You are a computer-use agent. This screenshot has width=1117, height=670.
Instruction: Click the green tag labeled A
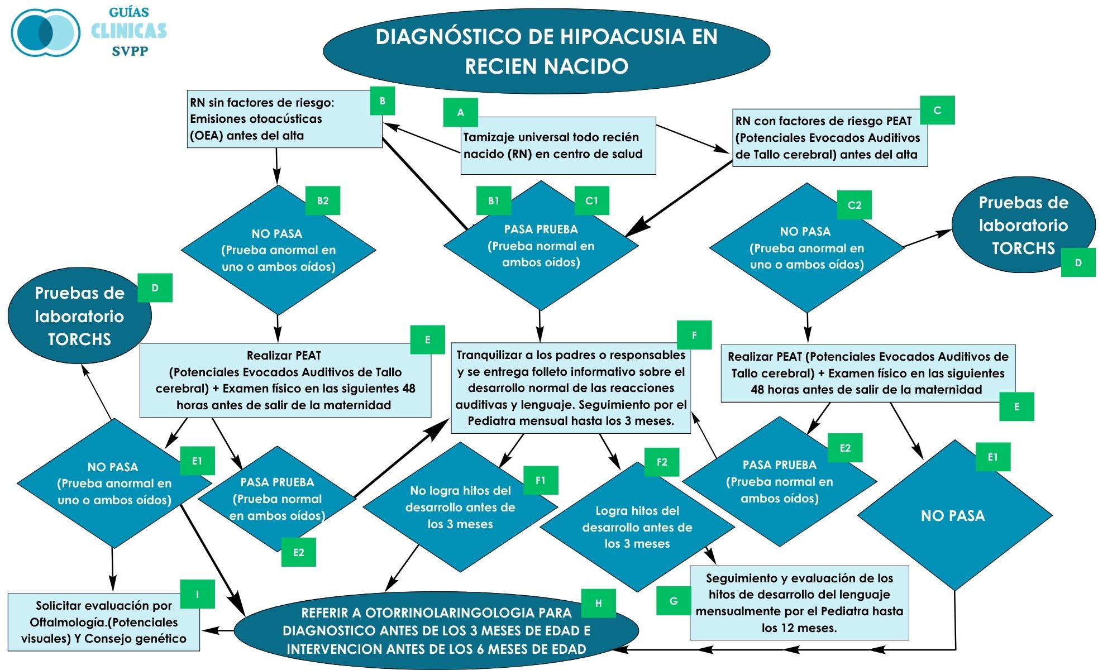460,112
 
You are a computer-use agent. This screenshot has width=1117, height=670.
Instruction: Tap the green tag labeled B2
323,200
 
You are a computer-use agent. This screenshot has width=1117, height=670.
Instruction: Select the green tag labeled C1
591,200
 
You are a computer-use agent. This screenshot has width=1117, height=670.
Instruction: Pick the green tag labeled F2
662,462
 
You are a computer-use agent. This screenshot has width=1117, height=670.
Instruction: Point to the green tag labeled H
598,603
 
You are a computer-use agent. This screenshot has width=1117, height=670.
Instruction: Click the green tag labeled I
197,594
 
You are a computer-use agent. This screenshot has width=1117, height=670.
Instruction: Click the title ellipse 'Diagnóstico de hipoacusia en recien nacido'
546,51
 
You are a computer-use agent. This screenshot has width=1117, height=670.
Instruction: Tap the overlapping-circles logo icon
46,32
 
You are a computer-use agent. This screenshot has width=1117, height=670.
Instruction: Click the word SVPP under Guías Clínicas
130,51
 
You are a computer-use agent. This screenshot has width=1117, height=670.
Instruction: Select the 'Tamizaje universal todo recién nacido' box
558,146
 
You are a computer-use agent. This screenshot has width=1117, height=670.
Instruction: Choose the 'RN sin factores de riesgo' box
284,119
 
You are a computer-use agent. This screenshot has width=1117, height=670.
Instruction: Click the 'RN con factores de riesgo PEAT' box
829,138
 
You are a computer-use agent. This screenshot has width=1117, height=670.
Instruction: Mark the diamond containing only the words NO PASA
954,515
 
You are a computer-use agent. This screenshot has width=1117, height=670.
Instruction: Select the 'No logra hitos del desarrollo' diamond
460,507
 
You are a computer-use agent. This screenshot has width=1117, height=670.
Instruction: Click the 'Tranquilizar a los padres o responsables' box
571,388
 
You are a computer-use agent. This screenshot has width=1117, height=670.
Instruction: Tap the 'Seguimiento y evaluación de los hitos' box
799,603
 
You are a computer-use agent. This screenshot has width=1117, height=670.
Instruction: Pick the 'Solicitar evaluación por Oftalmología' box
104,622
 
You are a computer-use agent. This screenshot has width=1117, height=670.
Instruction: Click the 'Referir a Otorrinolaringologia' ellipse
436,631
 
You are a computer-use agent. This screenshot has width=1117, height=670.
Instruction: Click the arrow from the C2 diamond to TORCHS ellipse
927,238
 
